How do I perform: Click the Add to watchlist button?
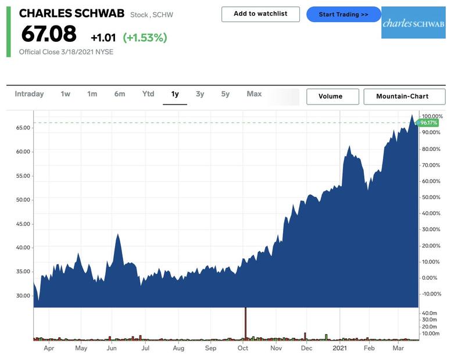pyautogui.click(x=260, y=14)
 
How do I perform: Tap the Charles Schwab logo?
pyautogui.click(x=413, y=23)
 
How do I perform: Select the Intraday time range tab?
pyautogui.click(x=29, y=94)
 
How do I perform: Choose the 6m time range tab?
pyautogui.click(x=120, y=94)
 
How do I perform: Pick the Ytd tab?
pyautogui.click(x=148, y=94)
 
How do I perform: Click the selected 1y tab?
pyautogui.click(x=175, y=94)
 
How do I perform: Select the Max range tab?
pyautogui.click(x=254, y=94)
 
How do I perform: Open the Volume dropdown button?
pyautogui.click(x=331, y=96)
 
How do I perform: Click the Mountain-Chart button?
pyautogui.click(x=405, y=96)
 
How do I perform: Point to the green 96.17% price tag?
pyautogui.click(x=428, y=123)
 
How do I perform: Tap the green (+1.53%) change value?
pyautogui.click(x=145, y=38)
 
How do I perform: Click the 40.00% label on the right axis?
pyautogui.click(x=431, y=213)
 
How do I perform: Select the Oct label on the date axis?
pyautogui.click(x=243, y=348)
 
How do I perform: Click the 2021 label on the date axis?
pyautogui.click(x=339, y=348)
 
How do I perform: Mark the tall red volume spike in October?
pyautogui.click(x=245, y=322)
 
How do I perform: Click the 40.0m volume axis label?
pyautogui.click(x=429, y=313)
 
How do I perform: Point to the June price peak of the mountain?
pyautogui.click(x=117, y=234)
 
